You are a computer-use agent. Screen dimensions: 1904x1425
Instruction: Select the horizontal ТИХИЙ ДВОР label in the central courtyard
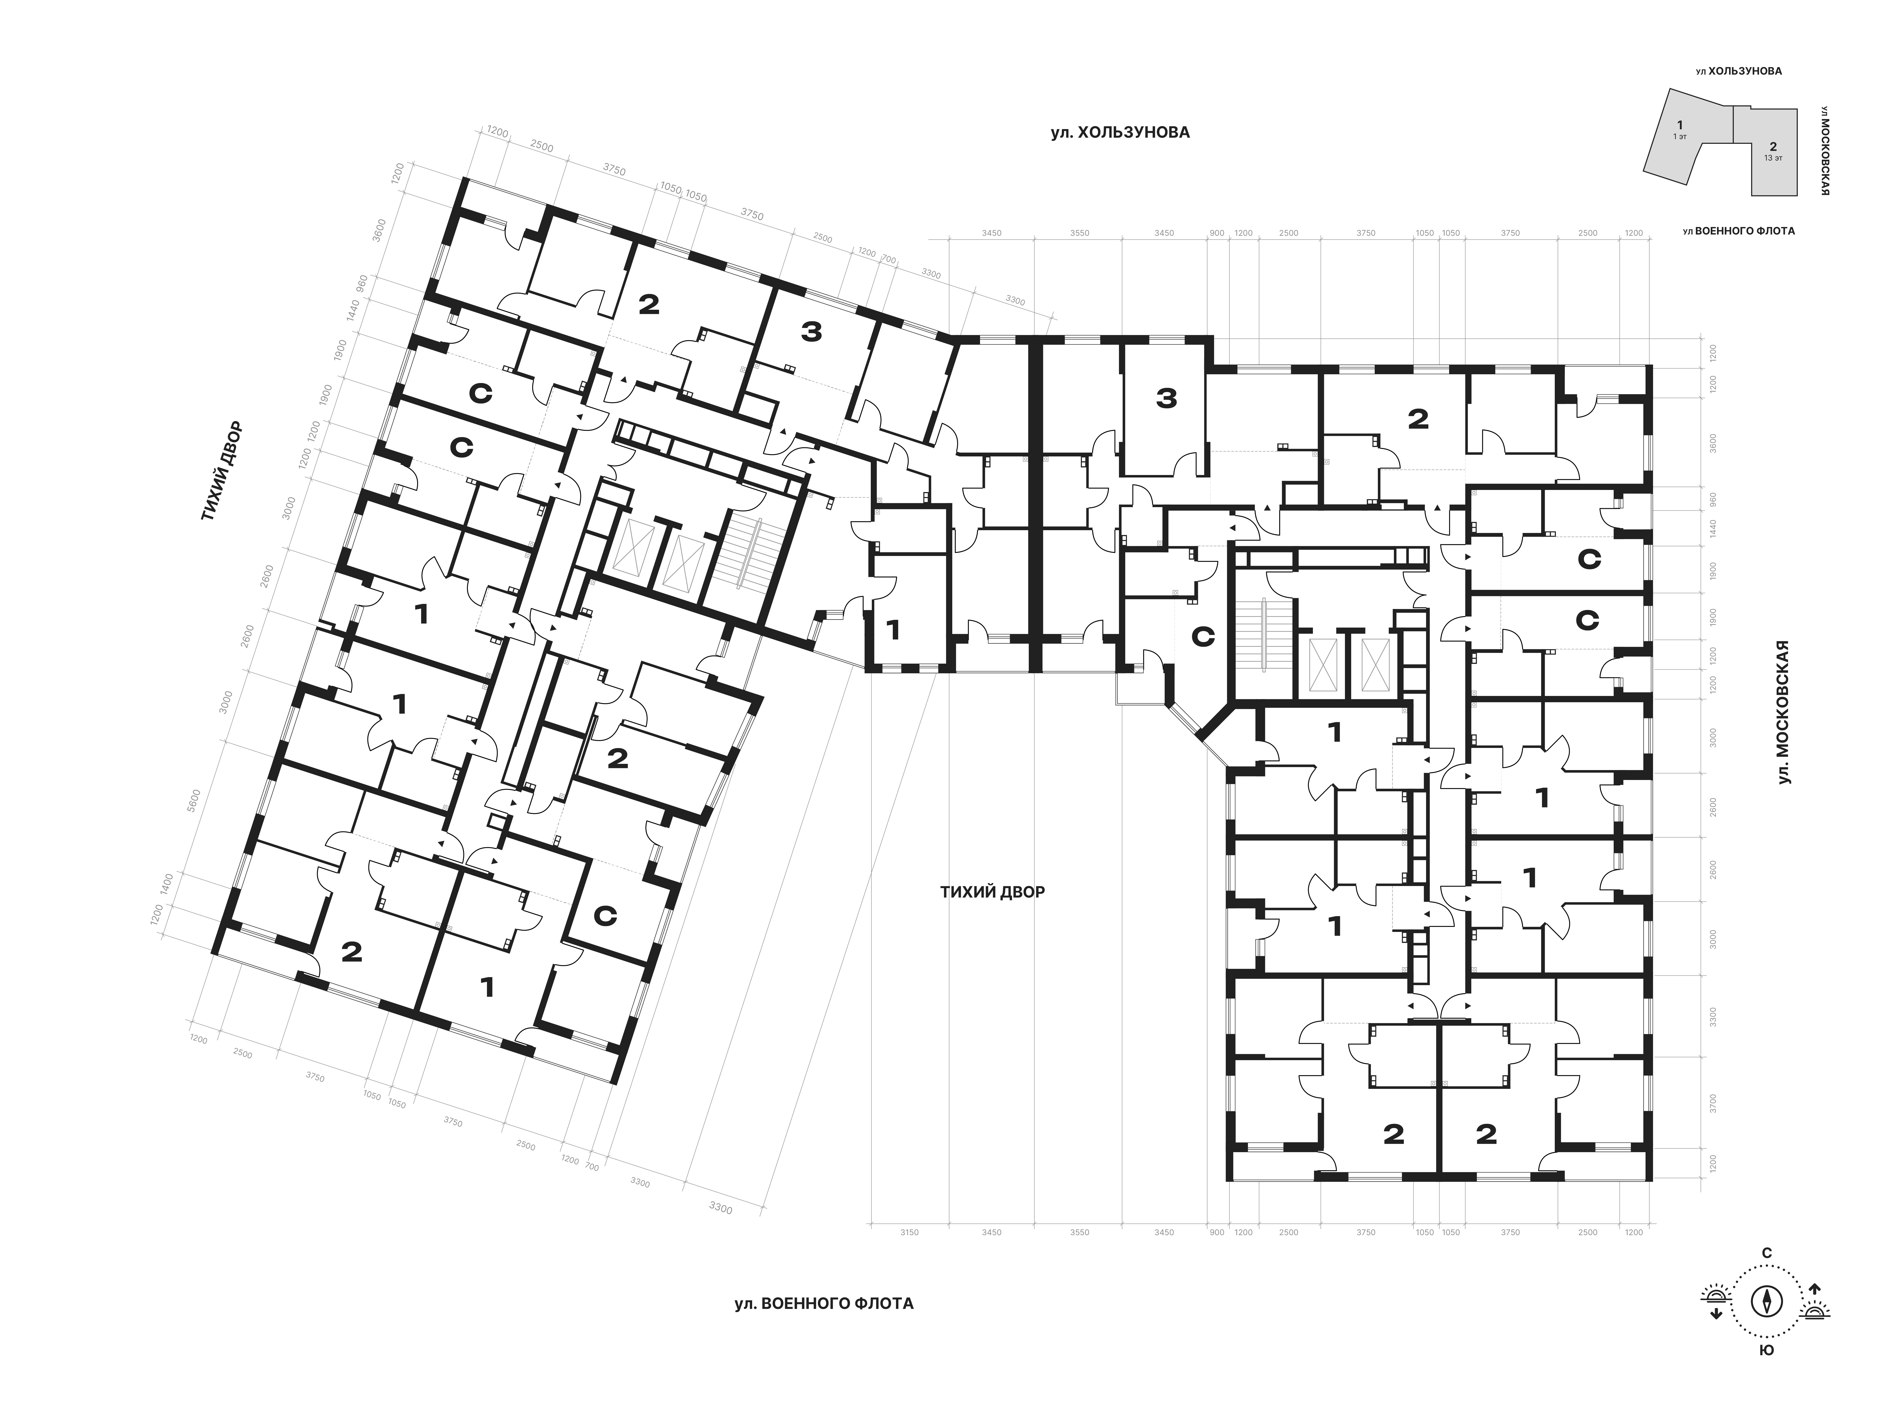[992, 892]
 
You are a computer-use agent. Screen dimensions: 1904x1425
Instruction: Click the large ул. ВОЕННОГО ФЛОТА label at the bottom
[824, 1304]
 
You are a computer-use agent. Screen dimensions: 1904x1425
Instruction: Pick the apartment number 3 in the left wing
[811, 332]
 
